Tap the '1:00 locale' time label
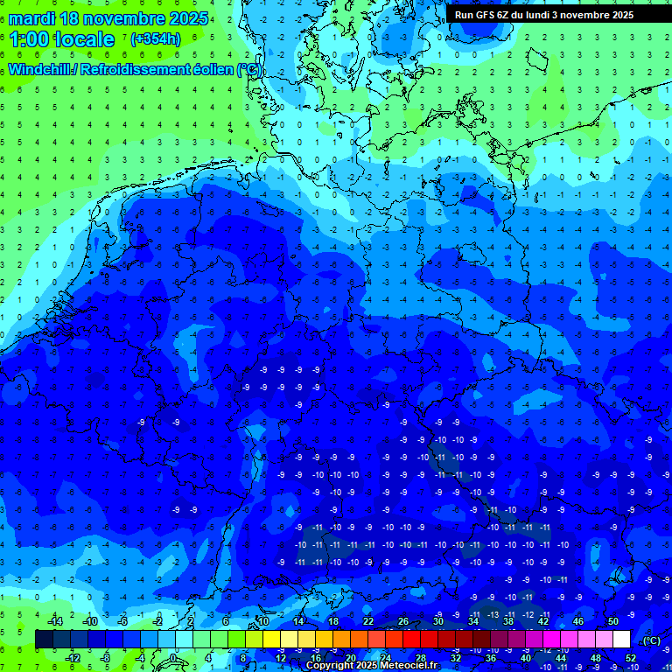tap(62, 39)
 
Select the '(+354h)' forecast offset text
tap(156, 39)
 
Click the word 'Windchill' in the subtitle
tap(42, 69)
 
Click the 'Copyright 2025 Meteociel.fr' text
tap(372, 665)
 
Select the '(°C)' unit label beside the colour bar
tap(651, 640)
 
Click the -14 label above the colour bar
tap(54, 621)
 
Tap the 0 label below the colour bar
tap(174, 657)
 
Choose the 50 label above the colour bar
tap(613, 621)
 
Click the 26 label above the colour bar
tap(403, 621)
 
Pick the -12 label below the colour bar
tap(73, 657)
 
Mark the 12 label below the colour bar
tap(281, 657)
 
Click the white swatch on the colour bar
tap(622, 640)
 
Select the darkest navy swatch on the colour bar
tap(44, 640)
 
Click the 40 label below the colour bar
tap(526, 657)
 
